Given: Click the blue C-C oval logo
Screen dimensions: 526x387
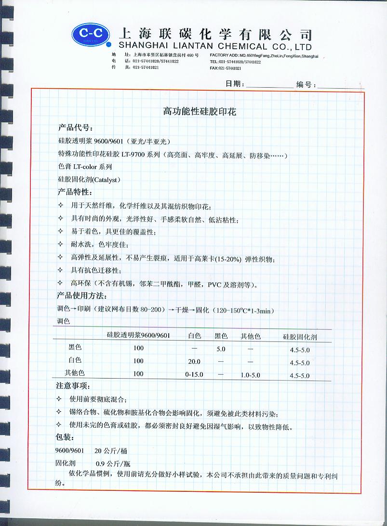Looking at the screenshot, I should [x=92, y=35].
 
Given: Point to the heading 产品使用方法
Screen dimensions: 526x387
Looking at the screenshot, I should [x=82, y=295].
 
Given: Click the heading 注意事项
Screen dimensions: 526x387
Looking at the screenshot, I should [x=73, y=386].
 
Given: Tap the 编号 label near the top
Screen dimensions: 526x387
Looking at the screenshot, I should [x=306, y=84].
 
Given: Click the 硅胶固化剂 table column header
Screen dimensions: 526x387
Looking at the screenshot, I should [x=300, y=337].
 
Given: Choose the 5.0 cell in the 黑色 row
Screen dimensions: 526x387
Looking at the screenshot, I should [x=221, y=348].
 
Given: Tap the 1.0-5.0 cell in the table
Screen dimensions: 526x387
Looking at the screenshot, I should [x=251, y=374].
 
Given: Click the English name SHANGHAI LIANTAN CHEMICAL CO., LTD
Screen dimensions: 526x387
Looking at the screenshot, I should [x=215, y=47].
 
